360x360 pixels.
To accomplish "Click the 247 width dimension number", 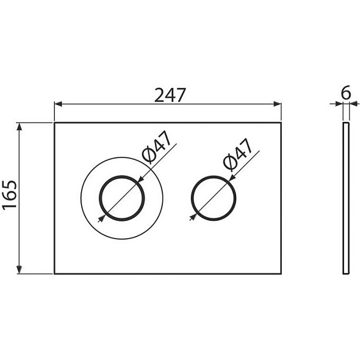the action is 170,95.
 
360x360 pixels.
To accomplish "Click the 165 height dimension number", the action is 10,195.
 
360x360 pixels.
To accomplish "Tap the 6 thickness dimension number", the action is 346,92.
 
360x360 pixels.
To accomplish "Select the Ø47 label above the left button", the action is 157,147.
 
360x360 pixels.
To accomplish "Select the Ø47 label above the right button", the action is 238,154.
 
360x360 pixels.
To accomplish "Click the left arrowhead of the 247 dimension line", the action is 59,104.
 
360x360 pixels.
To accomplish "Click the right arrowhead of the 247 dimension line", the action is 278,104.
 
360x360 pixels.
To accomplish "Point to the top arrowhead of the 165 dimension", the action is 20,127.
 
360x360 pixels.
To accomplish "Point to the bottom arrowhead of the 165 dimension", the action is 20,270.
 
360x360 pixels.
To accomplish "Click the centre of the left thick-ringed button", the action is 122,198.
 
